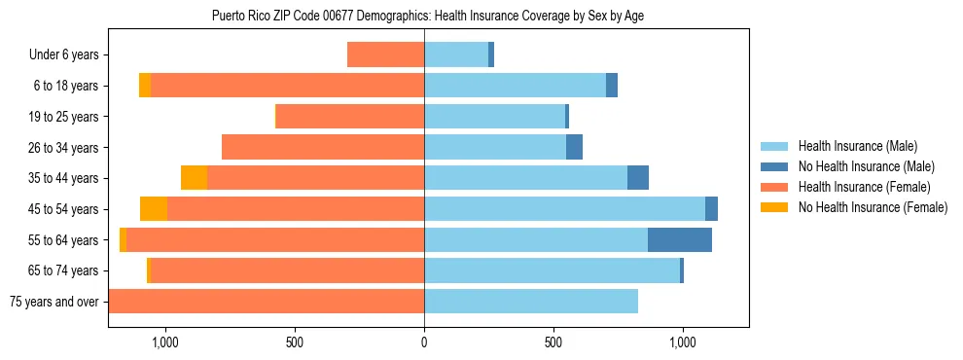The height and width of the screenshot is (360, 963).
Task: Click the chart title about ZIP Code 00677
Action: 428,16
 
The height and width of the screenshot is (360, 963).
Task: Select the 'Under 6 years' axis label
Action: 63,55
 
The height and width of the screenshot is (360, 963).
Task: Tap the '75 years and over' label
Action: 53,302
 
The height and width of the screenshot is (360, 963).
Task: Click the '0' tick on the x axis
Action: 424,342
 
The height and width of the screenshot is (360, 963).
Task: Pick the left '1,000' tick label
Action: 165,342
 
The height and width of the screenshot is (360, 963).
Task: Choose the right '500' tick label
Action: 553,342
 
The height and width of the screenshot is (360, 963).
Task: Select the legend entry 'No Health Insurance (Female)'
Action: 873,207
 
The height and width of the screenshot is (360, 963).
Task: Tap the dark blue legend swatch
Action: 775,166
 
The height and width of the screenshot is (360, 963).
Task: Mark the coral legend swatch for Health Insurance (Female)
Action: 775,187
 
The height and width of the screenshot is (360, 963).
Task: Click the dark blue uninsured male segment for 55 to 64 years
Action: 680,239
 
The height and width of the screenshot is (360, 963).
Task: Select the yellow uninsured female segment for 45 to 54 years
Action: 154,208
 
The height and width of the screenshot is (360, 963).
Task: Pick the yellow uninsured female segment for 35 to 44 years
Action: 194,178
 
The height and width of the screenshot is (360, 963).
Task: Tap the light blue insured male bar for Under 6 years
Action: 456,55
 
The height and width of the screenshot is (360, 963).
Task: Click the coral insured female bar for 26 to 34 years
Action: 323,147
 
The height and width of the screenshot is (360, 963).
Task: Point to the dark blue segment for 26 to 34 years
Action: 574,147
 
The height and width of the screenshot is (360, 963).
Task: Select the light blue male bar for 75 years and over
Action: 531,302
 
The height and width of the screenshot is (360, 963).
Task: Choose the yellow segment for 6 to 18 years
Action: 145,86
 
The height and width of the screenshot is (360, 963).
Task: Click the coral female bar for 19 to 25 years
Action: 350,117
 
